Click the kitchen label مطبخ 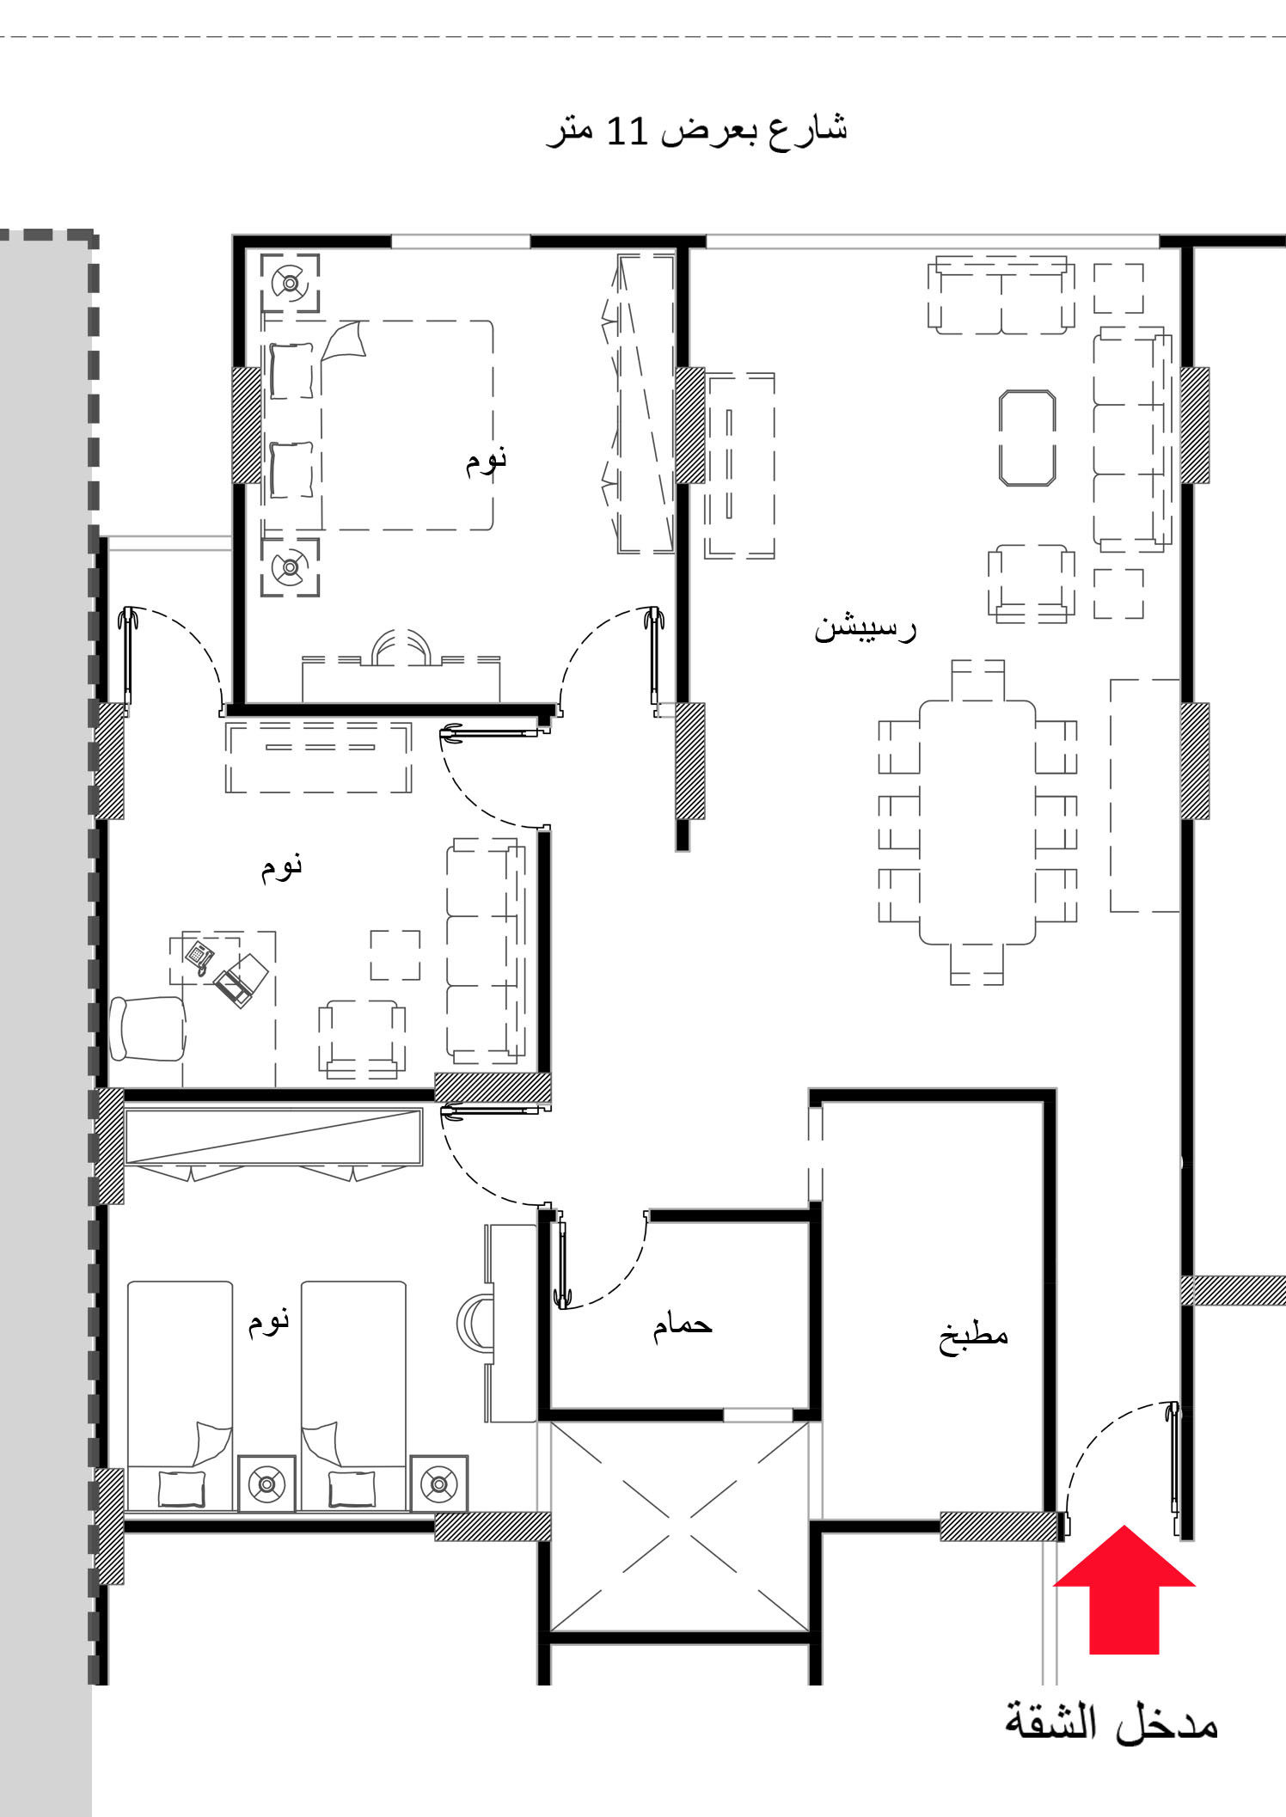click(x=973, y=1335)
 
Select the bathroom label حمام click(x=683, y=1324)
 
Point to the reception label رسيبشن click(x=865, y=627)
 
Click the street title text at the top click(x=697, y=131)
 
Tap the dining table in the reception click(x=977, y=823)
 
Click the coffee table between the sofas click(x=1027, y=438)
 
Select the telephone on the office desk click(x=200, y=957)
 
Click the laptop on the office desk click(x=242, y=980)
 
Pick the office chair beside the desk click(x=148, y=1029)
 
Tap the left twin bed click(x=181, y=1395)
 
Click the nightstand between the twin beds click(x=266, y=1484)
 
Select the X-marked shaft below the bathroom click(x=680, y=1526)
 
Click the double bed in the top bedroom click(x=378, y=425)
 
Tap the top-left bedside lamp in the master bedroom click(x=291, y=283)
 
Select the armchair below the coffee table click(x=1031, y=582)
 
